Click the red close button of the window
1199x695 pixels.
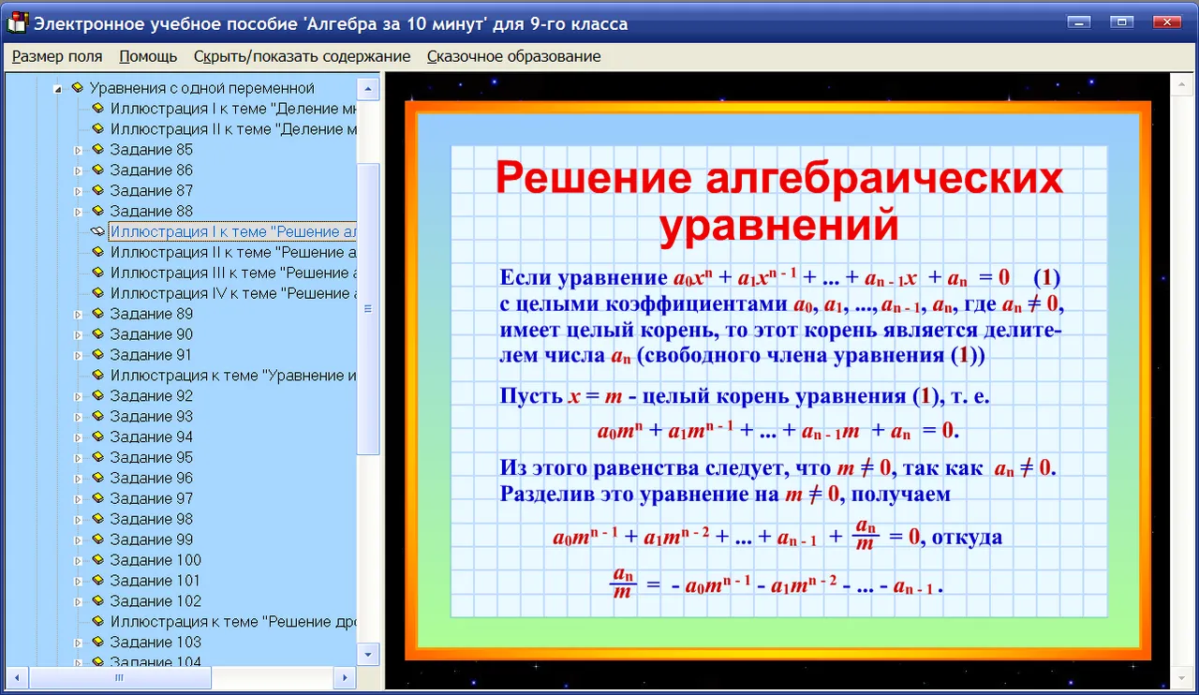coord(1167,22)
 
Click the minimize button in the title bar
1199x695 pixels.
coord(1078,22)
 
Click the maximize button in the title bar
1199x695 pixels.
coord(1121,22)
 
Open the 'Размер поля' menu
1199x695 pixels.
coord(57,56)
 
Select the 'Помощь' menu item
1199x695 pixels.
coord(148,56)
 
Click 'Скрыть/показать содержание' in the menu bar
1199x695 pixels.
coord(302,56)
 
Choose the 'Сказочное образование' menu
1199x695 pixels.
coord(514,56)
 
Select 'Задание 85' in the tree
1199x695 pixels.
coord(151,149)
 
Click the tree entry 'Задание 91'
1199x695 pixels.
coord(151,354)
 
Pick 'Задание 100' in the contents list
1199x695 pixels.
coord(155,560)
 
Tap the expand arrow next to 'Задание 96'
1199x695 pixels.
coord(78,479)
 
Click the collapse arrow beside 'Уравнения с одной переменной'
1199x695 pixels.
coord(58,89)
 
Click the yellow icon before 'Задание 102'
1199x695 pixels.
coord(97,600)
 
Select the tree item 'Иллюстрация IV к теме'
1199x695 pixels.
coord(233,293)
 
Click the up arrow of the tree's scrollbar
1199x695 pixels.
coord(368,89)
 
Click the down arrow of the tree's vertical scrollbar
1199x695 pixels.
coord(368,655)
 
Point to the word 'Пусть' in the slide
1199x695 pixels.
coord(531,396)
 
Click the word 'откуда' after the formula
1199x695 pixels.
coord(967,537)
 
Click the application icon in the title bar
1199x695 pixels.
coord(17,22)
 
